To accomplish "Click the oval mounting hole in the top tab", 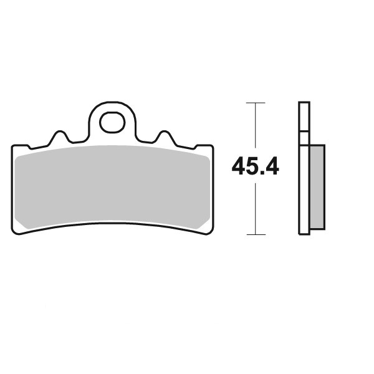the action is [112, 122].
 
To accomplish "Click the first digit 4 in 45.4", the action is [239, 166].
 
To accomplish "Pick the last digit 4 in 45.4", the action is [271, 166].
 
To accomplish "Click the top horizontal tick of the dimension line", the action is [256, 103].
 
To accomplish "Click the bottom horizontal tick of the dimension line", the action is [256, 234].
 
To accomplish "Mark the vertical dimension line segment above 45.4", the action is [256, 125].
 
